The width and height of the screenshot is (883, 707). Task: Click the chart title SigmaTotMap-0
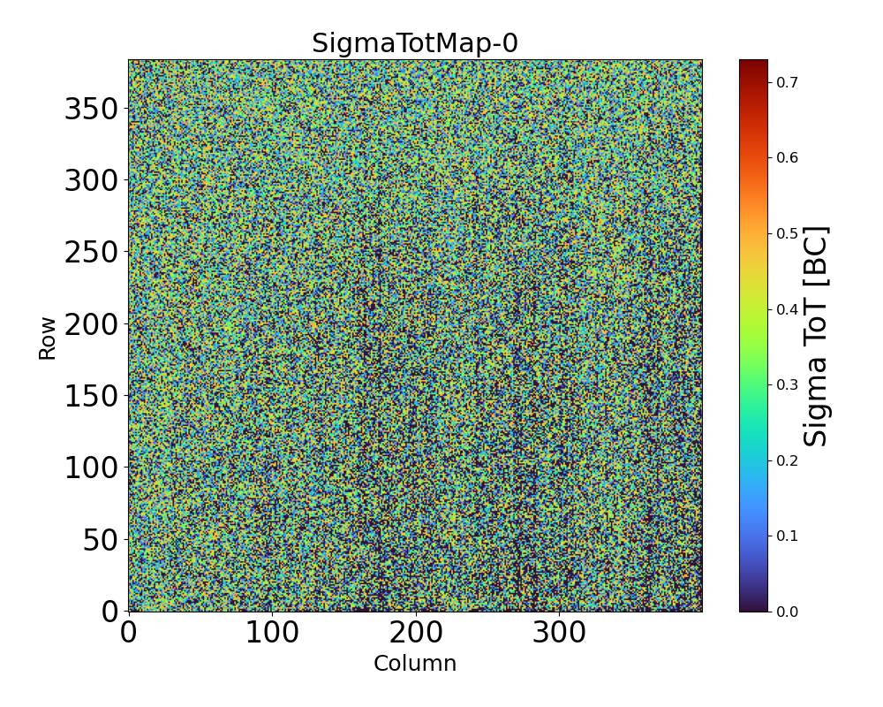[x=415, y=43]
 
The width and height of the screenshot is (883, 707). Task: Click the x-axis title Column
[x=415, y=664]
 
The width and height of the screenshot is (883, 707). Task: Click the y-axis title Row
[x=47, y=338]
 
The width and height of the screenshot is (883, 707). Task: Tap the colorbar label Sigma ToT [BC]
[x=818, y=336]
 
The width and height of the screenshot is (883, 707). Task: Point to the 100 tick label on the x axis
[x=272, y=633]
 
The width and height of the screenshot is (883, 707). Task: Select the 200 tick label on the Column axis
[x=416, y=633]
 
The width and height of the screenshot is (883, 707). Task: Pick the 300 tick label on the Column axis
[x=560, y=633]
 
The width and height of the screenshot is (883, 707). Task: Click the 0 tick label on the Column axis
[x=129, y=633]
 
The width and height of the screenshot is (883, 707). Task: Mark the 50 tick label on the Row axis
[x=102, y=540]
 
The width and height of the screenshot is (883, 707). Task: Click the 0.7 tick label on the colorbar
[x=788, y=82]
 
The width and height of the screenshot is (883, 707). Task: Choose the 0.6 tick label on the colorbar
[x=788, y=157]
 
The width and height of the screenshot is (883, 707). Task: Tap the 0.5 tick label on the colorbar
[x=788, y=233]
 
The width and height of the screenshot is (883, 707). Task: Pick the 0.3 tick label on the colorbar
[x=788, y=384]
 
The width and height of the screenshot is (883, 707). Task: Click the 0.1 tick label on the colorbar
[x=788, y=536]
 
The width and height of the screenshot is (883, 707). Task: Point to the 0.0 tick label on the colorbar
[x=788, y=612]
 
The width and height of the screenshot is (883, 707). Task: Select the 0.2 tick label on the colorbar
[x=788, y=460]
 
